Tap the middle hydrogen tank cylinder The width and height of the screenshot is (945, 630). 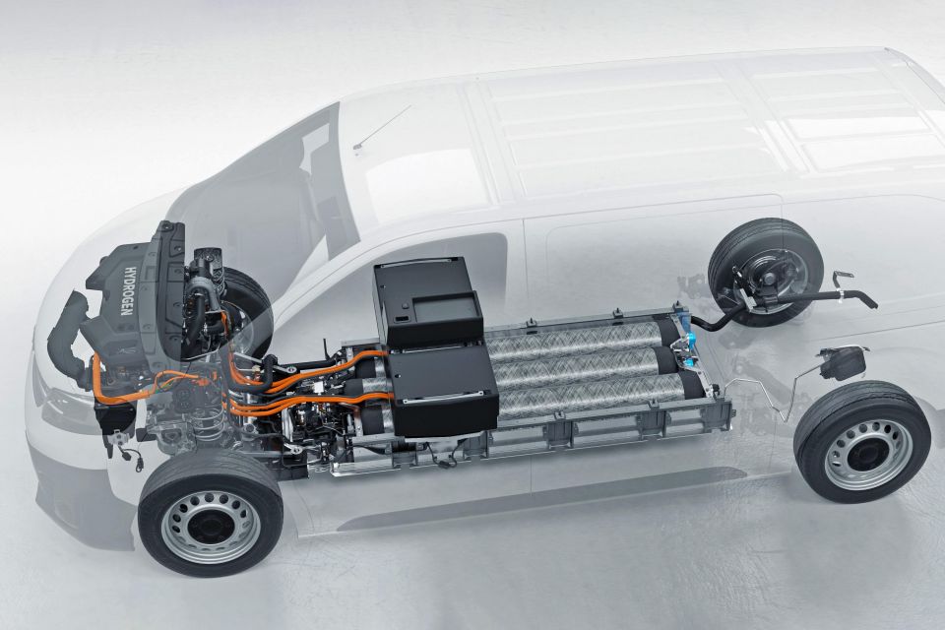tap(588, 365)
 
